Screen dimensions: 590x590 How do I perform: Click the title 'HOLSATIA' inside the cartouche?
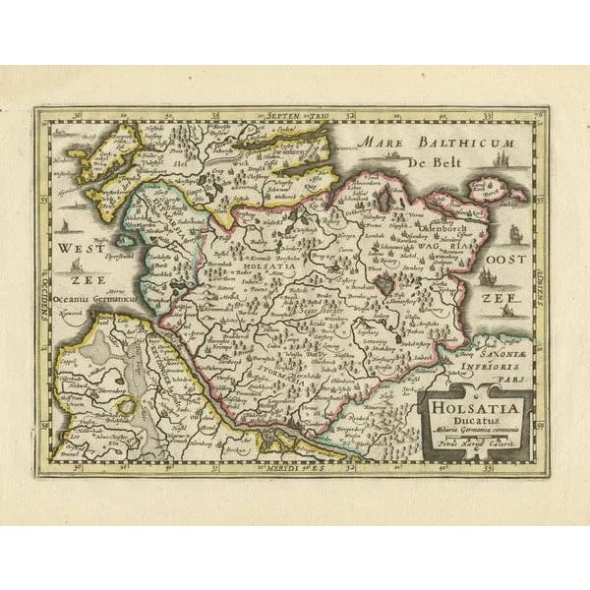coord(475,404)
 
